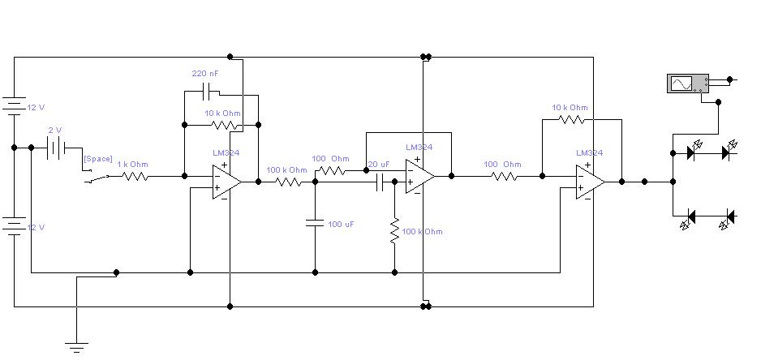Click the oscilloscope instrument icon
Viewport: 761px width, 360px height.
coord(688,84)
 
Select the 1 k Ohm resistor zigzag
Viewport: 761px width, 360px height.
coord(135,176)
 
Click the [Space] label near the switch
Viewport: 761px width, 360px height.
coord(98,159)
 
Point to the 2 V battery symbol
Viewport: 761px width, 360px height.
coord(56,147)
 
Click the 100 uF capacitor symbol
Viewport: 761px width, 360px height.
coord(315,223)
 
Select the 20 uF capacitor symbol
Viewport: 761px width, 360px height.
coord(380,182)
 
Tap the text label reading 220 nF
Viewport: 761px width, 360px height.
coord(205,74)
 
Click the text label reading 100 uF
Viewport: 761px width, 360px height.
coord(342,224)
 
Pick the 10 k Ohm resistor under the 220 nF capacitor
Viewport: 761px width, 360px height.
coord(225,125)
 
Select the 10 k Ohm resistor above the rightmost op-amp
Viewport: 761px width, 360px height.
coord(571,119)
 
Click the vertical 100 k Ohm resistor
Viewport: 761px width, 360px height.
coord(394,231)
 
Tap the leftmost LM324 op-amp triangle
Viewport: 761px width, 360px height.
coord(227,182)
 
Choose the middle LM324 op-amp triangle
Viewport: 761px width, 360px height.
coord(420,177)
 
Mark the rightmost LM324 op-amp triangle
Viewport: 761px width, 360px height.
coord(591,182)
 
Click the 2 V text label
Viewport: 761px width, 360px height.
coord(55,130)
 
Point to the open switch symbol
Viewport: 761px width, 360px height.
coord(97,178)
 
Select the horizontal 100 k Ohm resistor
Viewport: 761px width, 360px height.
coord(288,182)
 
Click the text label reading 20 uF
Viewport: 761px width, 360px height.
coord(379,165)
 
